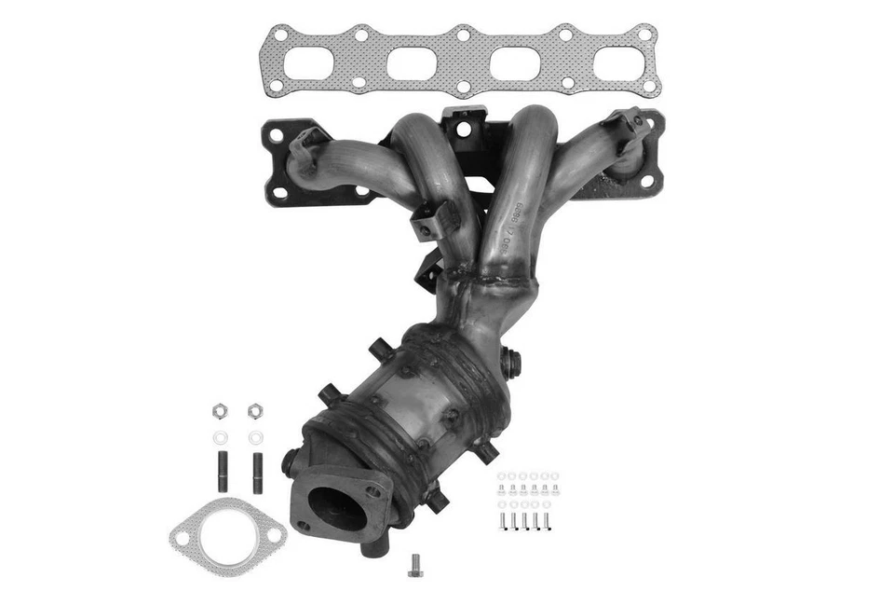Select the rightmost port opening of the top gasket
[x=616, y=62]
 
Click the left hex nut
[x=221, y=409]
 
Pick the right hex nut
[x=255, y=409]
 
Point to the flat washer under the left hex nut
[x=221, y=437]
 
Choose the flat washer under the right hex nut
[x=255, y=437]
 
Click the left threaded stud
[x=223, y=471]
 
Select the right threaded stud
[x=257, y=471]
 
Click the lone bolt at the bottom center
[x=414, y=564]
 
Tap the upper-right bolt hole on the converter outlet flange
[x=375, y=488]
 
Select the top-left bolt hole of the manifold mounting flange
[x=276, y=133]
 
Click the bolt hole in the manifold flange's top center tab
[x=462, y=124]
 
